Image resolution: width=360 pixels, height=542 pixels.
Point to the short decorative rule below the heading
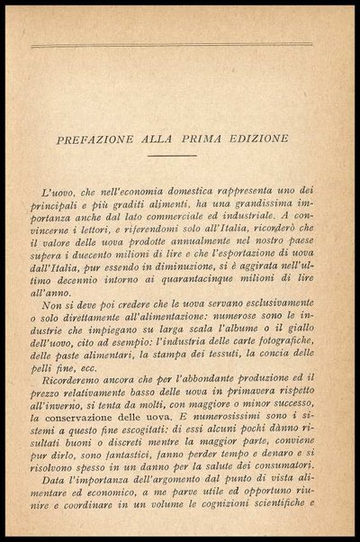click(x=172, y=157)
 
